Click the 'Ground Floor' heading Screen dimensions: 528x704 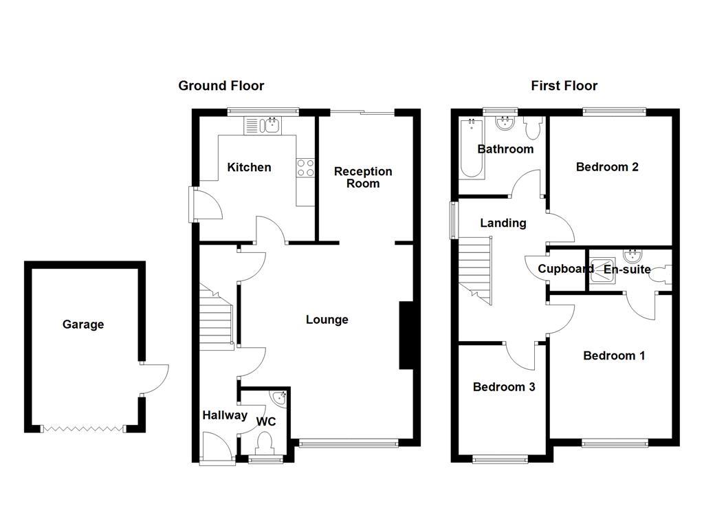221,86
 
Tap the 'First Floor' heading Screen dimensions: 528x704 564,86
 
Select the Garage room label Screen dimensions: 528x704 83,324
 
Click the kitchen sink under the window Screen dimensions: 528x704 261,125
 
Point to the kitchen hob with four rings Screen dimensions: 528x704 305,168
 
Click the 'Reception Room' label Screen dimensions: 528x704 363,177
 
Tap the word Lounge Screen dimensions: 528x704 327,320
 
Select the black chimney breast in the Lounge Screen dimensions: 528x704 406,336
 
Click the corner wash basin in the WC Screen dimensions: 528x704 280,397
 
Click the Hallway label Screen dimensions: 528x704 225,415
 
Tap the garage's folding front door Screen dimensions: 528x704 83,428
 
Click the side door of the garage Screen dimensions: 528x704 154,378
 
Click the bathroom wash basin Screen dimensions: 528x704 505,124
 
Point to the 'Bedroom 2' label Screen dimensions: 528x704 607,167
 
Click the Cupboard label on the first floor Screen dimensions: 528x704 565,269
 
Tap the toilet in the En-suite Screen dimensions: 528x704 661,274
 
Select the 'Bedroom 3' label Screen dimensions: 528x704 504,387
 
